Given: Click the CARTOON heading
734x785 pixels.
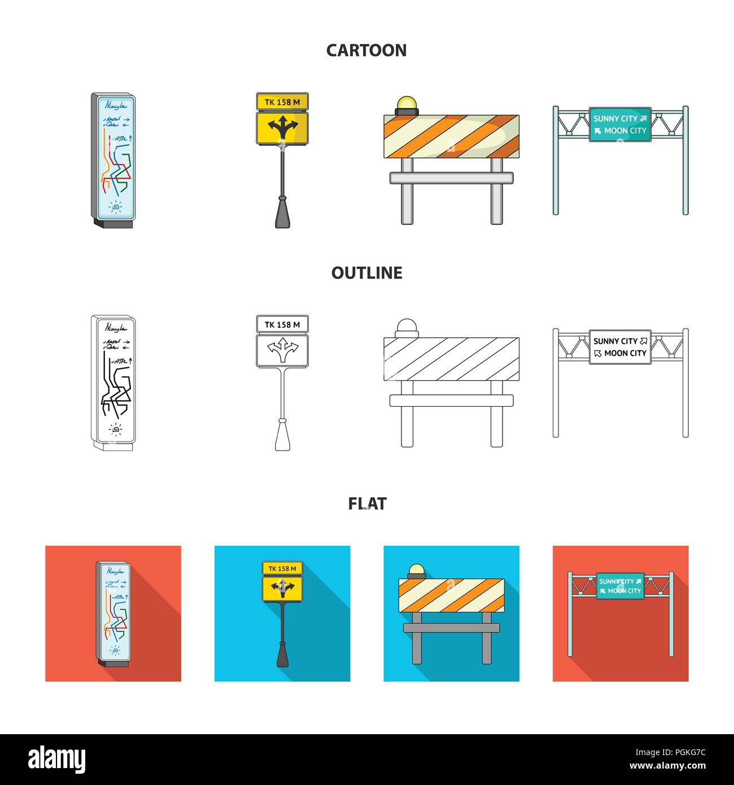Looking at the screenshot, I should (x=366, y=50).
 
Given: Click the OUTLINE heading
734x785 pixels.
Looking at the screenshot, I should (x=366, y=273).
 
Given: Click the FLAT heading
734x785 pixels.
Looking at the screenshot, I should (x=367, y=503).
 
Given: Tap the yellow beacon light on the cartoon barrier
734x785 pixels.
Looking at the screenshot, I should (x=406, y=104).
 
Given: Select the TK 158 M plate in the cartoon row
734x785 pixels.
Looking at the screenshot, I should (x=282, y=102).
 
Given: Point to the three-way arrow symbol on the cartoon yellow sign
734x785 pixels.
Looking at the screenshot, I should (x=282, y=128).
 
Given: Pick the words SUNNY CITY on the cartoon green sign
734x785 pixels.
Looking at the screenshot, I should (x=615, y=119).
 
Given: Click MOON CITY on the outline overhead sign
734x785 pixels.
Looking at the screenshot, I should (x=625, y=354).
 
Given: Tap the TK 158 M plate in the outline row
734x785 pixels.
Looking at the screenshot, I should (x=282, y=324).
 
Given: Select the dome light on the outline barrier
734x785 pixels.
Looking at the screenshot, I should (x=406, y=326).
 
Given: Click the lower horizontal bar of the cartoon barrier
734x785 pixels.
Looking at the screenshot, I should (x=452, y=178).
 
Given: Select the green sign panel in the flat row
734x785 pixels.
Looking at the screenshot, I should (x=620, y=586).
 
